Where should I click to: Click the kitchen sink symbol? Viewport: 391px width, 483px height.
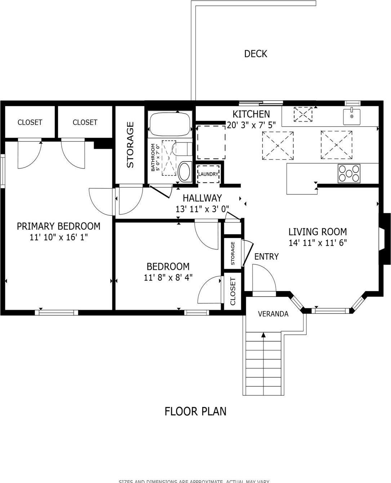pyautogui.click(x=352, y=116)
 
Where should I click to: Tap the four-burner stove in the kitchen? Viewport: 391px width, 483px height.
pyautogui.click(x=349, y=173)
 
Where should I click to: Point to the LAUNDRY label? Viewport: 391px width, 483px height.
pyautogui.click(x=208, y=174)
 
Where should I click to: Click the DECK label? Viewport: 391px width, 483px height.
pyautogui.click(x=256, y=54)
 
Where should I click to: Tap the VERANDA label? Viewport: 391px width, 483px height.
pyautogui.click(x=273, y=314)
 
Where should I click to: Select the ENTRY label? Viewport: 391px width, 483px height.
pyautogui.click(x=266, y=256)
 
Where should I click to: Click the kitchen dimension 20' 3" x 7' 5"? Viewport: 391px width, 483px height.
pyautogui.click(x=251, y=125)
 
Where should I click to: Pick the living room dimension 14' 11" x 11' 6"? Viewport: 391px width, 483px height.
pyautogui.click(x=317, y=243)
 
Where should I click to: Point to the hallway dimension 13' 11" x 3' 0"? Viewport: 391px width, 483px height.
pyautogui.click(x=202, y=209)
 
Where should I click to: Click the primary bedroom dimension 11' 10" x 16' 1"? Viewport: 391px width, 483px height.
pyautogui.click(x=59, y=237)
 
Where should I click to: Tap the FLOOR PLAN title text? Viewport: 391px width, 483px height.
pyautogui.click(x=195, y=411)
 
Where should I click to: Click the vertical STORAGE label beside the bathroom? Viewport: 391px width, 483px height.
pyautogui.click(x=130, y=145)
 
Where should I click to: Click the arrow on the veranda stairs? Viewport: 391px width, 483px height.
pyautogui.click(x=263, y=335)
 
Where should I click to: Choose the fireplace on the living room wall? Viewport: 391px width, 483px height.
pyautogui.click(x=385, y=239)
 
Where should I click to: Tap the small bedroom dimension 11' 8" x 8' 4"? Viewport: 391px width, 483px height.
pyautogui.click(x=168, y=277)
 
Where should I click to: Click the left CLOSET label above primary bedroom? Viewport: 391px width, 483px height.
pyautogui.click(x=30, y=123)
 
